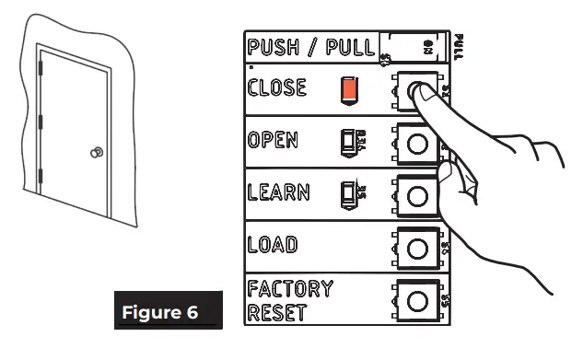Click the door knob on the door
point(96,153)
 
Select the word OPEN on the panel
point(274,142)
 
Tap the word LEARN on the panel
point(277,193)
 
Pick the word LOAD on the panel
point(272,247)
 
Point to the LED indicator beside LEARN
point(346,194)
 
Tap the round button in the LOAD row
point(415,248)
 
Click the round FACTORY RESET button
point(415,301)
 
